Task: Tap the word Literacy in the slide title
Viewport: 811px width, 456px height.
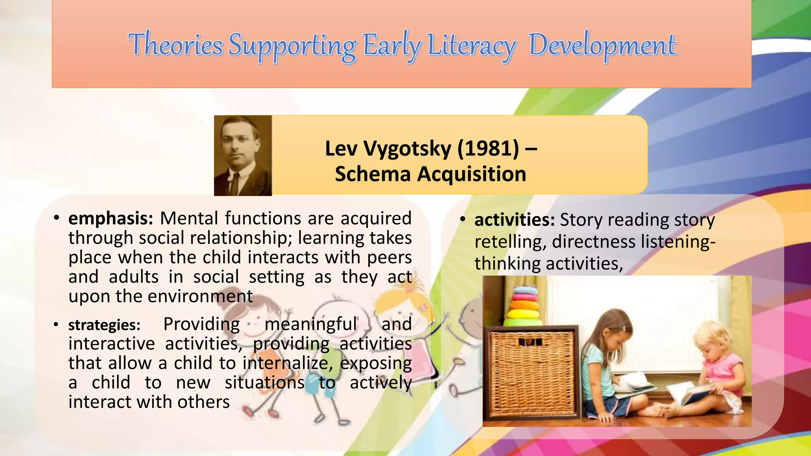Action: click(471, 46)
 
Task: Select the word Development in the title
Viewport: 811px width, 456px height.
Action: click(602, 46)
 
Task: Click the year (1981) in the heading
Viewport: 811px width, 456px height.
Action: click(488, 148)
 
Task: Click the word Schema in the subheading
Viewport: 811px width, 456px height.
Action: click(373, 174)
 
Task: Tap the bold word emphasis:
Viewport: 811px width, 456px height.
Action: click(110, 218)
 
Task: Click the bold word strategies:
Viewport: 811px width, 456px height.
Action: click(104, 325)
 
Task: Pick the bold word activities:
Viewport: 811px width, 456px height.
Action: click(514, 220)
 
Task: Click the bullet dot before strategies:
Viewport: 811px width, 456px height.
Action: click(56, 325)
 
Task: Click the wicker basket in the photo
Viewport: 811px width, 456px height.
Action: click(531, 372)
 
